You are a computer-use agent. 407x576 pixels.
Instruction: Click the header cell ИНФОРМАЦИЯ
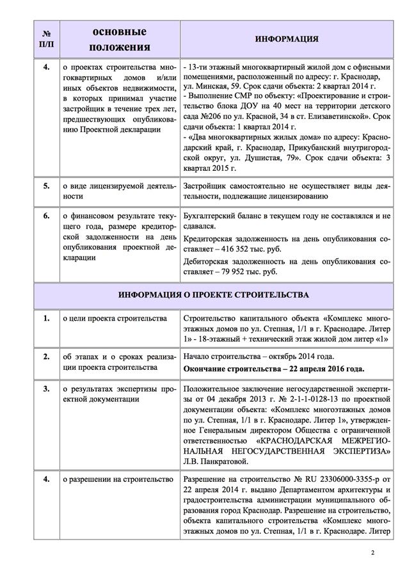[x=287, y=39]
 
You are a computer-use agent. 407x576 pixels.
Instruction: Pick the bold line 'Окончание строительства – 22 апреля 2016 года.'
[x=274, y=369]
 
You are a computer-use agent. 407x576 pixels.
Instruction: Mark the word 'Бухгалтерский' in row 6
[x=210, y=216]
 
